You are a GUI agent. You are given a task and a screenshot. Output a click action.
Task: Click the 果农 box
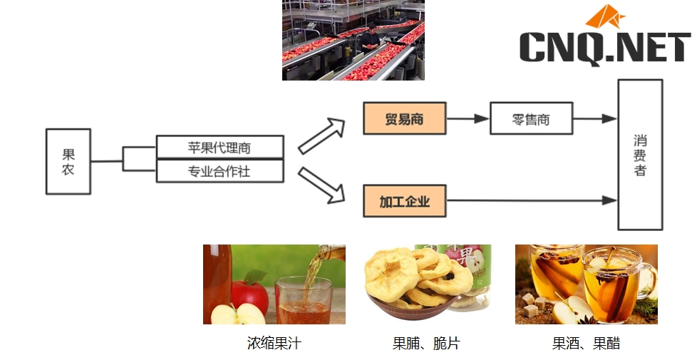[68, 161]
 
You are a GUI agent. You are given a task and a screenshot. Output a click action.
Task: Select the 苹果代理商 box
[220, 148]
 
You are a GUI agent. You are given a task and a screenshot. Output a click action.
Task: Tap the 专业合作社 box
[220, 171]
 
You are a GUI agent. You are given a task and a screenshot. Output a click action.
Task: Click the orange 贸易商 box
[404, 119]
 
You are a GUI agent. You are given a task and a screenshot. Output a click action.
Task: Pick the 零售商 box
[531, 119]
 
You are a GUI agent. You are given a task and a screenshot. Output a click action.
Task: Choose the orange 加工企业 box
[404, 201]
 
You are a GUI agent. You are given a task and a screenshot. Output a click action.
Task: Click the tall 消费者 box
[640, 155]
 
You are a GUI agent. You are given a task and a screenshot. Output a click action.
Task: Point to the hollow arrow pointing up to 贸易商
[321, 136]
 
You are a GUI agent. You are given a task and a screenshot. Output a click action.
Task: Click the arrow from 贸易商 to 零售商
[468, 119]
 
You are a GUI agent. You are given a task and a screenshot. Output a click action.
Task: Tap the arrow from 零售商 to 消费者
[594, 119]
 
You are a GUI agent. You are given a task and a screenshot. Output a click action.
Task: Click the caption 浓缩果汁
[274, 344]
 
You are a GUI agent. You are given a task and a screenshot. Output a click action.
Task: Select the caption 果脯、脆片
[426, 344]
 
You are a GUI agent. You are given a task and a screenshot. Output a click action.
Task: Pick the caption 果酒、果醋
[586, 344]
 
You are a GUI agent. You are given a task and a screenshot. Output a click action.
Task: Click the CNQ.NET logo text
[605, 47]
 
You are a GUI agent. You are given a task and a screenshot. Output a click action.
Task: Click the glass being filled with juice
[303, 299]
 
